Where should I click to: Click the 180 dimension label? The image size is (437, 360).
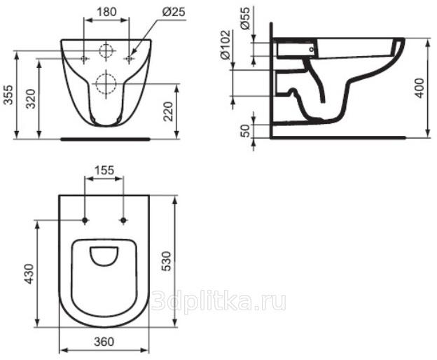click(x=106, y=12)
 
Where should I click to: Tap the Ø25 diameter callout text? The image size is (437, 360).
click(x=174, y=12)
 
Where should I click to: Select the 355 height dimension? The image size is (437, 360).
click(x=8, y=95)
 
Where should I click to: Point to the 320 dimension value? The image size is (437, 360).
click(x=31, y=99)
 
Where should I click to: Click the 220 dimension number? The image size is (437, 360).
click(x=168, y=111)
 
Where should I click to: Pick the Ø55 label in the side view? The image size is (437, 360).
click(x=244, y=19)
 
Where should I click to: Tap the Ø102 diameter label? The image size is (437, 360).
click(x=226, y=45)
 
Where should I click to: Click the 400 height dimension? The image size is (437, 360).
click(x=419, y=88)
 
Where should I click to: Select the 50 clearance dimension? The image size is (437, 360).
click(x=245, y=131)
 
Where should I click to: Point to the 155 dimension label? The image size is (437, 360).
click(x=104, y=170)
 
